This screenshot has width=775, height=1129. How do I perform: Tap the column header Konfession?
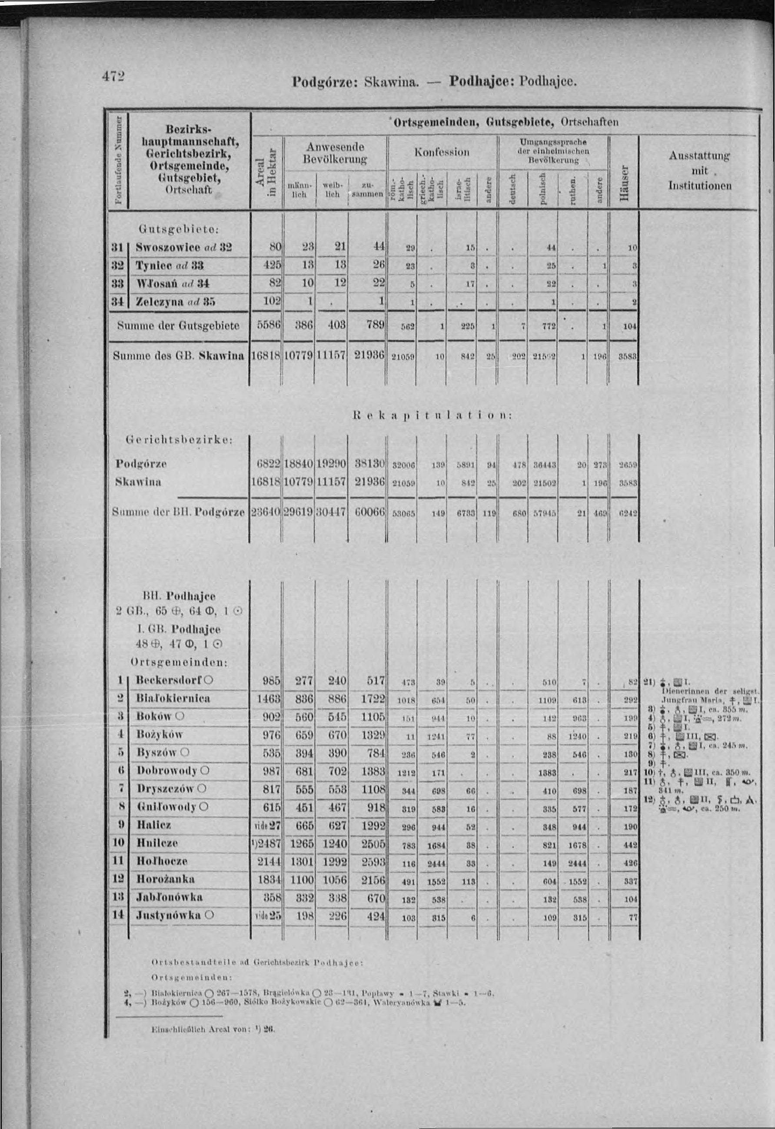(442, 152)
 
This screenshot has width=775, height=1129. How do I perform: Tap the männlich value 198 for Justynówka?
(304, 915)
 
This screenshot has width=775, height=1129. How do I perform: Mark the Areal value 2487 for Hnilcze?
(268, 843)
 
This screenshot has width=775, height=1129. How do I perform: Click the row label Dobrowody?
(173, 770)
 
